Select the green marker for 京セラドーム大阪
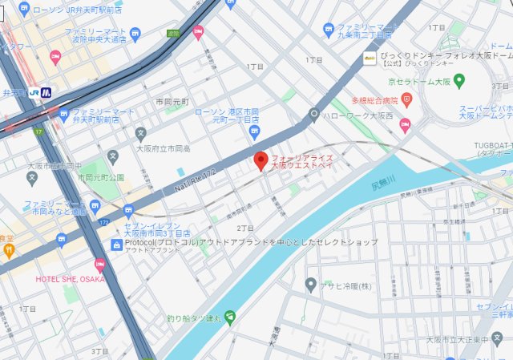click(x=459, y=80)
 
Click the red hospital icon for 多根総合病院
click(x=406, y=100)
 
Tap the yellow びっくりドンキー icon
click(x=370, y=58)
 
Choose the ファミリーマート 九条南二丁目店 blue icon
click(x=329, y=30)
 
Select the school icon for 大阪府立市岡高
click(x=141, y=133)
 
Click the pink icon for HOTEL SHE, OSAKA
click(x=100, y=265)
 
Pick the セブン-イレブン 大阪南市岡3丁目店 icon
click(x=129, y=212)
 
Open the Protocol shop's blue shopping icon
click(x=117, y=242)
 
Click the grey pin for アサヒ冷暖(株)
click(x=311, y=285)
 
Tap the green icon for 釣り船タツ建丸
click(x=230, y=317)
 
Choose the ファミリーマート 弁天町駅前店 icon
click(x=63, y=115)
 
